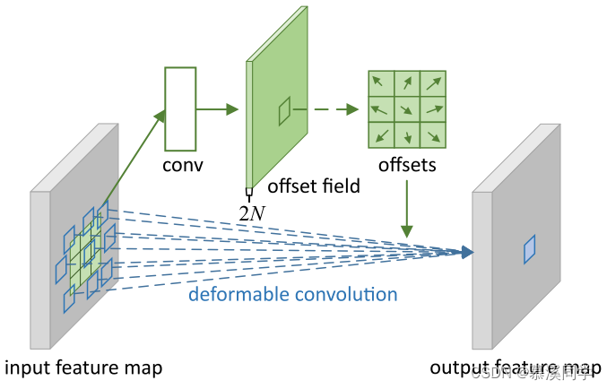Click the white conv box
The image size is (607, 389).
pos(180,108)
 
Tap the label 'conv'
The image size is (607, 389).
pos(183,165)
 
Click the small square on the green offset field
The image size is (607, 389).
pos(284,111)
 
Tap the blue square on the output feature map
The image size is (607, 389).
pos(530,249)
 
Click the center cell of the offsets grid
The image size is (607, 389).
pos(407,109)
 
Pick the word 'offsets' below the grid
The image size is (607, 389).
pos(407,165)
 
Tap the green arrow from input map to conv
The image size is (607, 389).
pos(134,158)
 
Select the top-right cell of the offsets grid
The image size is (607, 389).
pos(433,83)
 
